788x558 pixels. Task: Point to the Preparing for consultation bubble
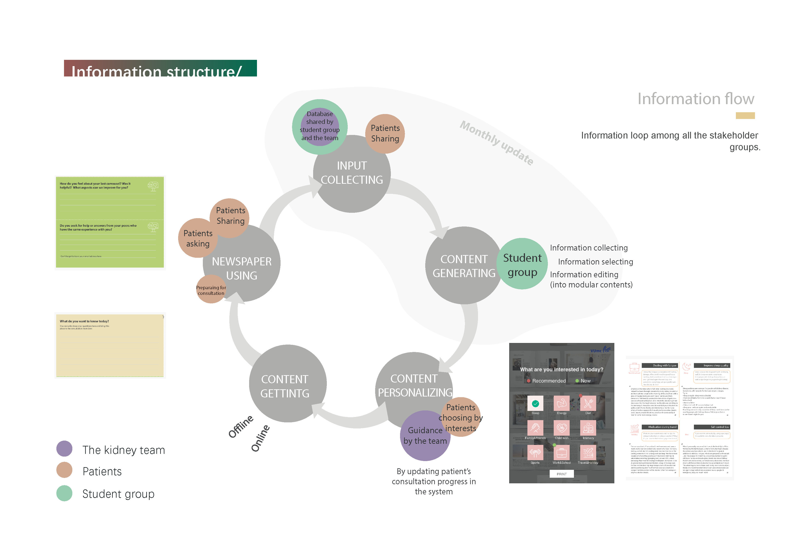[211, 290]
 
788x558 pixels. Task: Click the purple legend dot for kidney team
[64, 449]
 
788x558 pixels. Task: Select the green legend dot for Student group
[64, 493]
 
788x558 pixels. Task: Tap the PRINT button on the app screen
[562, 474]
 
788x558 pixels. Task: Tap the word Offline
[241, 426]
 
